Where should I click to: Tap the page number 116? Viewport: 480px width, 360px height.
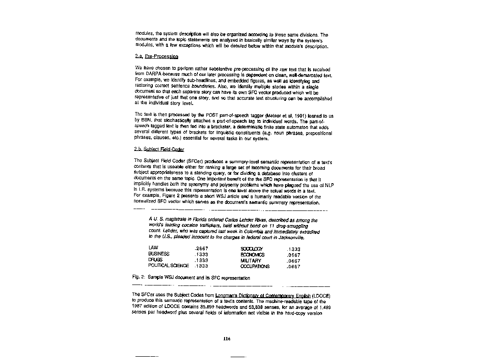click(x=227, y=339)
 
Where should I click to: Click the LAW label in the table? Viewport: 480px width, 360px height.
click(x=153, y=248)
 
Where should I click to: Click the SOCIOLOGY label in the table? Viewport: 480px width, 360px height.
click(x=251, y=249)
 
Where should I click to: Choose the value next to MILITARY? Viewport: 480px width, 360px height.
click(x=293, y=261)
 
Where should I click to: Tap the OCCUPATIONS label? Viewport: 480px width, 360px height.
click(x=255, y=266)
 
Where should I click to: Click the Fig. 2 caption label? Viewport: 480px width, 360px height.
click(x=139, y=278)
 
